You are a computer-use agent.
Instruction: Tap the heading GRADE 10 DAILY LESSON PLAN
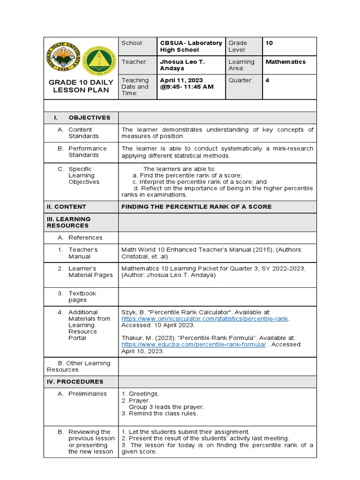click(81, 86)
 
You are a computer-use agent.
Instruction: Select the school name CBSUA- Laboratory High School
click(191, 46)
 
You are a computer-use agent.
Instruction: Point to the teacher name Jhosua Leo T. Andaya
click(182, 65)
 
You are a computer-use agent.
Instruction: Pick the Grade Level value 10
click(269, 43)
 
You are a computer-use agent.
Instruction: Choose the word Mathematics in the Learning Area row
click(285, 62)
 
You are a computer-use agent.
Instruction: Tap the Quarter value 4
click(268, 81)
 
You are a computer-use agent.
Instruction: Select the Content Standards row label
click(83, 133)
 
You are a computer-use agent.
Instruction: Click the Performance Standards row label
click(87, 152)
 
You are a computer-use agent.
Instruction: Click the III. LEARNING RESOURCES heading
click(69, 222)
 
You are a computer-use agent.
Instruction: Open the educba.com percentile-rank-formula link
click(194, 344)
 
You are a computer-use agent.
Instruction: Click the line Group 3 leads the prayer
click(166, 407)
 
